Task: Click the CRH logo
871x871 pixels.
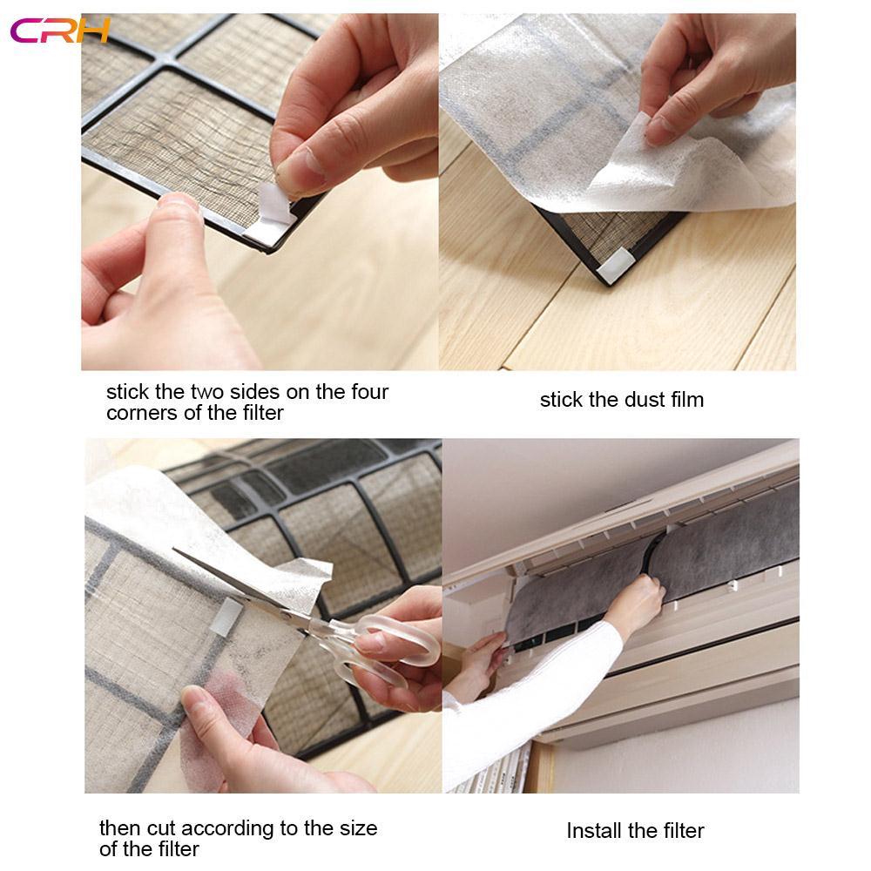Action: click(59, 30)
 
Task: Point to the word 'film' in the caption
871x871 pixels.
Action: click(686, 400)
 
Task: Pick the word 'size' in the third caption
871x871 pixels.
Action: click(357, 827)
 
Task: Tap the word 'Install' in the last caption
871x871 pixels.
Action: click(594, 830)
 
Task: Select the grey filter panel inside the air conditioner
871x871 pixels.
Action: click(732, 557)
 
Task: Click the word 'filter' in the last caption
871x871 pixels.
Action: click(680, 830)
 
